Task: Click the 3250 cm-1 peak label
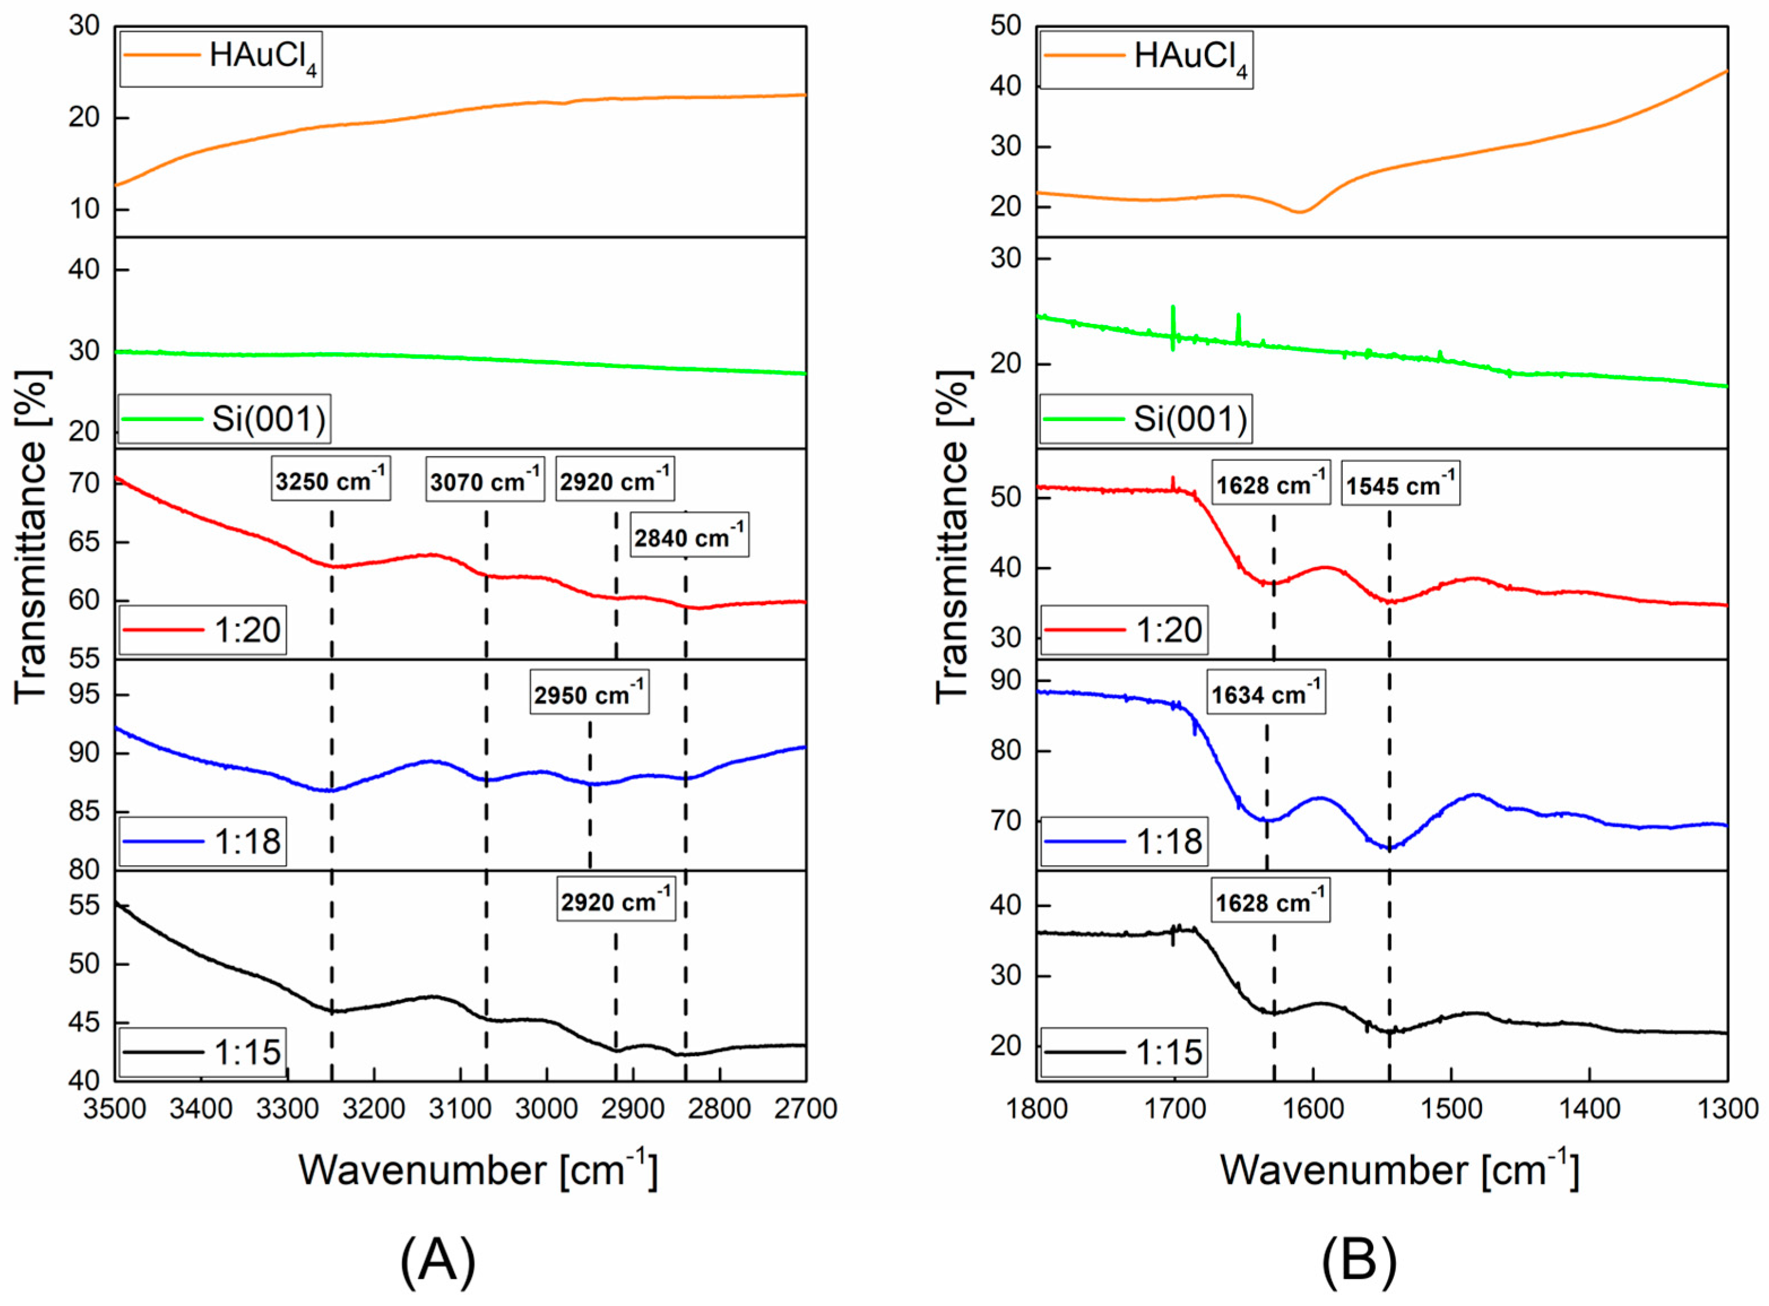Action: [x=331, y=478]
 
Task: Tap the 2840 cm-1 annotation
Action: [x=690, y=536]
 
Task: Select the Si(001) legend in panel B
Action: [x=1146, y=418]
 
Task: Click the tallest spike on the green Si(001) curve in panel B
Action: [x=1173, y=310]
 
